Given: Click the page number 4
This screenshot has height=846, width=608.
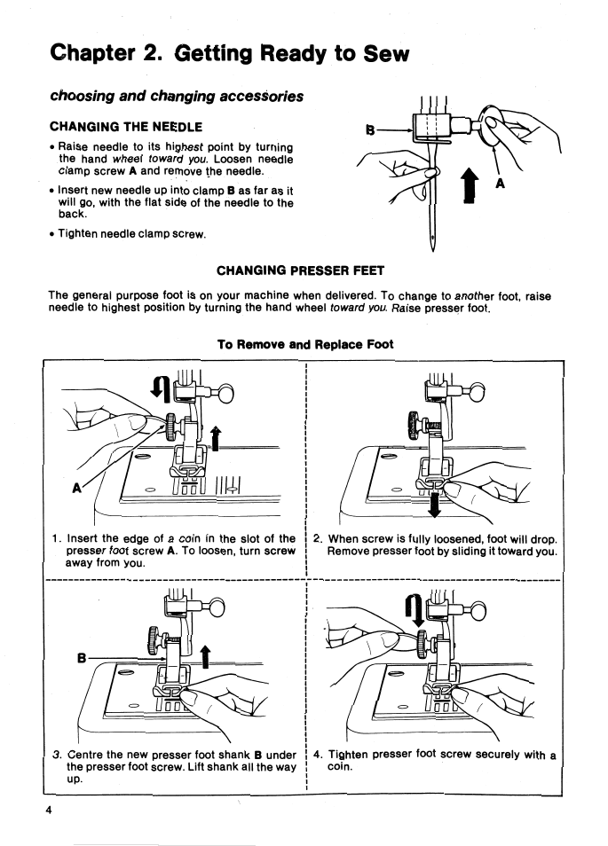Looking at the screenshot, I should click(51, 811).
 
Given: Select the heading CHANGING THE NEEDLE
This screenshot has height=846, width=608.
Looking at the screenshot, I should click(126, 126).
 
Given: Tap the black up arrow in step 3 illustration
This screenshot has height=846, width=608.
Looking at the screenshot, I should click(206, 655).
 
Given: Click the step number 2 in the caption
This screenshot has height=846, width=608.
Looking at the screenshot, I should click(318, 537).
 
